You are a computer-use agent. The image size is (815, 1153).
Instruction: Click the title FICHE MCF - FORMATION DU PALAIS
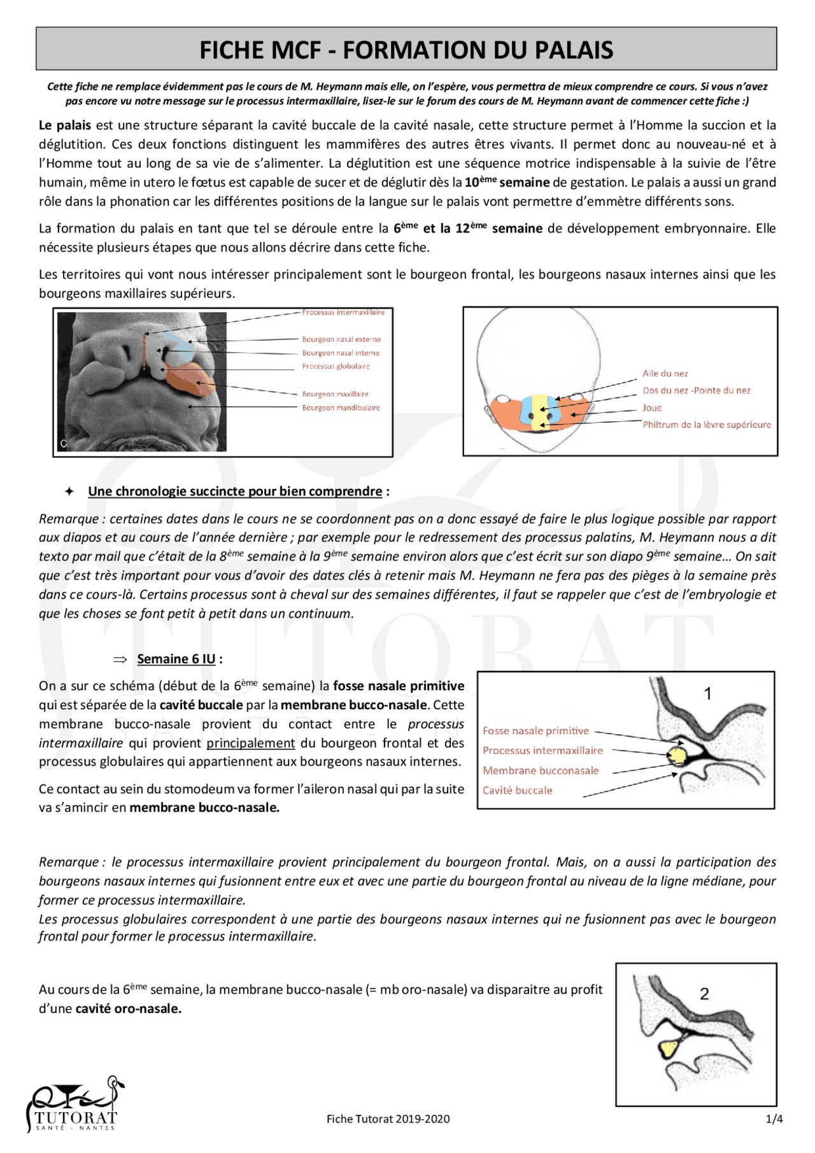coord(406,50)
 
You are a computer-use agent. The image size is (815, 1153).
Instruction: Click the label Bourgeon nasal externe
coord(341,339)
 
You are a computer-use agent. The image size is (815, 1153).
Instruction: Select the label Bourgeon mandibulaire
coord(341,407)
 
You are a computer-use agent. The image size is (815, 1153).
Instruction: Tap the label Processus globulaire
coord(336,366)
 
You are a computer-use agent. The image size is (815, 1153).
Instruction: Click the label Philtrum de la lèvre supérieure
coord(706,425)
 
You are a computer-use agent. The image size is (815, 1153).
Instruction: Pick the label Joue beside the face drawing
coord(651,407)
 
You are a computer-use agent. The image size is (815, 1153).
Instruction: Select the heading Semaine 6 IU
coord(176,659)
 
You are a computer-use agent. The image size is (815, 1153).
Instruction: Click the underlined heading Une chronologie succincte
coord(235,492)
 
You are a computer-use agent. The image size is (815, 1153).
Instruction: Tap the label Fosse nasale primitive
coord(535,731)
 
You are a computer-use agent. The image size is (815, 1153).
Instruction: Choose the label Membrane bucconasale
coord(541,770)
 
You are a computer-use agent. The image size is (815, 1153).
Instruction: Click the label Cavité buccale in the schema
coord(517,790)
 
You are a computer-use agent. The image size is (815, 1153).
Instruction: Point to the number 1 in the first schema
coord(707,694)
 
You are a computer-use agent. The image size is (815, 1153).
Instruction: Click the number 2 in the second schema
coord(704,994)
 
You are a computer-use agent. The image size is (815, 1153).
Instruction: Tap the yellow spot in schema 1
coord(676,756)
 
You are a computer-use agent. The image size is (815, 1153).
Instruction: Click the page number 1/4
coord(774,1119)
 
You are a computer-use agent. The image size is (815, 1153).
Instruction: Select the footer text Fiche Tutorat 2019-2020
coord(388,1119)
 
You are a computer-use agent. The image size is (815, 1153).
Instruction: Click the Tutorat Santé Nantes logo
coord(73,1105)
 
